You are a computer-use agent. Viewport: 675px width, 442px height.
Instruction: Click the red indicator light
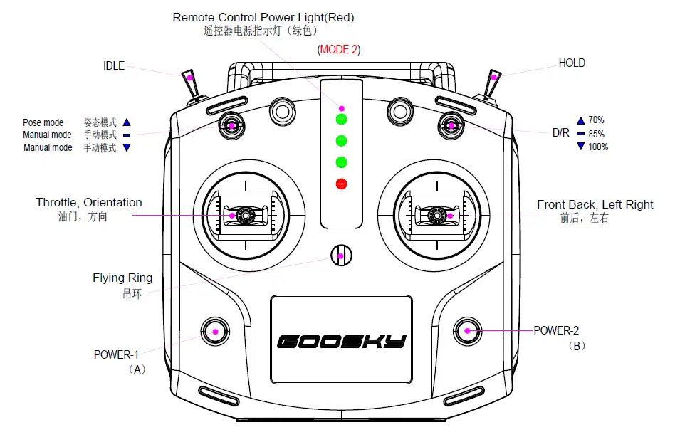[x=342, y=184]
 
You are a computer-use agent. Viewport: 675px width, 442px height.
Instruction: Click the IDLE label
[x=114, y=66]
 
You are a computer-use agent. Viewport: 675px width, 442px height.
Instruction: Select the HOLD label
[x=572, y=63]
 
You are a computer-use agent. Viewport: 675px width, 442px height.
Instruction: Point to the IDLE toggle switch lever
[x=190, y=83]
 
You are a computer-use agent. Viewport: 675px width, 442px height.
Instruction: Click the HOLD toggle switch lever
[x=493, y=83]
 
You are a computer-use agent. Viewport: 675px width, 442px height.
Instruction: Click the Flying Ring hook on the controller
[x=341, y=255]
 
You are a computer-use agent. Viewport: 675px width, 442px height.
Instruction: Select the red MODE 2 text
[x=339, y=49]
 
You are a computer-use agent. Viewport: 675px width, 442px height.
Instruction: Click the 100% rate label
[x=598, y=147]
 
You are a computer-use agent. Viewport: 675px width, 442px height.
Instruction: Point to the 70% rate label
[x=596, y=120]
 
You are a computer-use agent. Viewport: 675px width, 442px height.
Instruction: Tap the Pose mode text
[x=43, y=123]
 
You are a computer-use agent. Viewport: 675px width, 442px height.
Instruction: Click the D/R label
[x=560, y=133]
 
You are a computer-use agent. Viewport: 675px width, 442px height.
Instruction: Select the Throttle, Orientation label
[x=89, y=203]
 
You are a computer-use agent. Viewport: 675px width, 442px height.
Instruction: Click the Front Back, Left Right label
[x=595, y=205]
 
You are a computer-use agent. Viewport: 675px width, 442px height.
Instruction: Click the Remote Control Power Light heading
[x=263, y=17]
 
